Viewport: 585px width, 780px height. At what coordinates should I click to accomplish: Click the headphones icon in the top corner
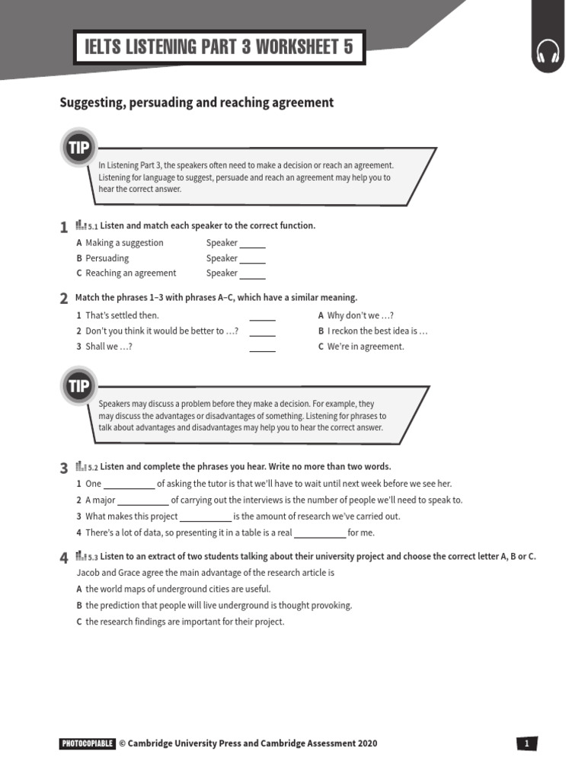point(548,53)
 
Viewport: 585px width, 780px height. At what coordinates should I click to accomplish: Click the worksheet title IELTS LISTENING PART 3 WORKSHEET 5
point(219,48)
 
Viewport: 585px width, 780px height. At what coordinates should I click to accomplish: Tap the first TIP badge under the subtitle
point(79,148)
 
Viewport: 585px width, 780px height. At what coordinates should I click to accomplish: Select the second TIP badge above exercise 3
point(79,386)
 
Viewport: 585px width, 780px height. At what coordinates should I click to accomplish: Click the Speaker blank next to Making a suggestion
point(252,245)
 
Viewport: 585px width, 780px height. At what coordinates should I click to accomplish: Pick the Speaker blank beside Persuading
point(252,260)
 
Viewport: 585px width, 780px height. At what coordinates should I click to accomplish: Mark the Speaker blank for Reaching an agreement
point(252,274)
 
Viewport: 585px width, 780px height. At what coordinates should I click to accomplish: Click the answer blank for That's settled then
point(262,317)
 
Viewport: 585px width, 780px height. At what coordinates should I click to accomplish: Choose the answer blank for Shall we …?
point(262,348)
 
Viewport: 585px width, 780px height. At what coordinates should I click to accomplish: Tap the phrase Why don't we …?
point(360,315)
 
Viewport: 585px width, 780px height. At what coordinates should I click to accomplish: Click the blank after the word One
point(129,485)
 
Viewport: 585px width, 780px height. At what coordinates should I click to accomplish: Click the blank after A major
point(143,502)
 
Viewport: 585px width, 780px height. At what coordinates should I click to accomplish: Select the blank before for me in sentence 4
point(320,535)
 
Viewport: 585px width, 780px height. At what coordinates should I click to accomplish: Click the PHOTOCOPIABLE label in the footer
point(87,743)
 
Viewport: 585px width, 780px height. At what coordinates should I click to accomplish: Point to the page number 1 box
point(526,743)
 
